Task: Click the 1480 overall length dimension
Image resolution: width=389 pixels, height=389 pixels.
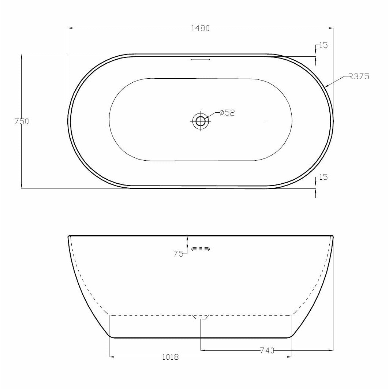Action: [x=200, y=29]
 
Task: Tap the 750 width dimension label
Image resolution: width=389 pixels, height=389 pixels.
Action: [x=22, y=121]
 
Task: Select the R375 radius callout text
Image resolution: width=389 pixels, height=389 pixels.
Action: [x=359, y=76]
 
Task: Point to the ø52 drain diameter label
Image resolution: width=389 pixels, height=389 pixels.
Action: [x=227, y=113]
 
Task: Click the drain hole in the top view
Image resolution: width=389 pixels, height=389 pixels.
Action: [x=201, y=120]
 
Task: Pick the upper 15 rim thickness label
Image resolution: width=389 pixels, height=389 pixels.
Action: [x=323, y=45]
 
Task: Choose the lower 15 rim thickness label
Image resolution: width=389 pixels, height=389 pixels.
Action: [x=323, y=177]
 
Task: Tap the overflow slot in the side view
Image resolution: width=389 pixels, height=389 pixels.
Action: [x=201, y=250]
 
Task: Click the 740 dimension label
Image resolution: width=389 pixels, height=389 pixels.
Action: [x=267, y=351]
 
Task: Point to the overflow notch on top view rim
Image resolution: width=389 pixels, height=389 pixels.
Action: [x=200, y=58]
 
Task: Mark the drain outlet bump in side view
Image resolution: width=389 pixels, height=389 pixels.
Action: [x=201, y=317]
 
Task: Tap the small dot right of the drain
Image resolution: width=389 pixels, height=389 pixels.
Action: [x=266, y=120]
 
